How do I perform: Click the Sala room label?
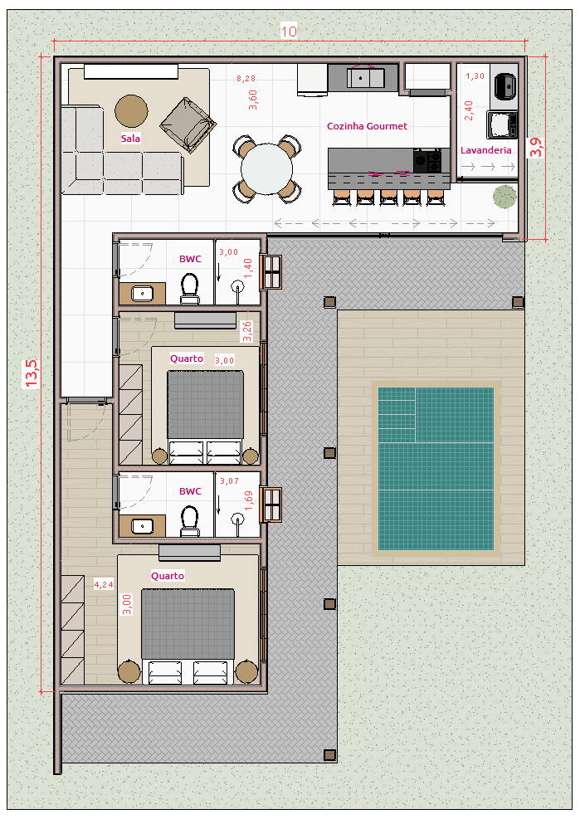(x=130, y=139)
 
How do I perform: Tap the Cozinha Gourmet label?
(x=367, y=126)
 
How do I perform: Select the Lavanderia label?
(x=486, y=150)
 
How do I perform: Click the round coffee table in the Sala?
(x=131, y=111)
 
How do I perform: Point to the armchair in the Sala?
(x=188, y=125)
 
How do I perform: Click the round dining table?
(x=267, y=169)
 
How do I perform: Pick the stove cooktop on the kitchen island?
(x=427, y=161)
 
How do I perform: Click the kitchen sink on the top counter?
(x=365, y=78)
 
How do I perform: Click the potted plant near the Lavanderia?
(x=504, y=197)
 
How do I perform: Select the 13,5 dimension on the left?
(x=32, y=373)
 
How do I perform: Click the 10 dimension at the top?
(x=289, y=32)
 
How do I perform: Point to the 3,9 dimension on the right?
(x=535, y=148)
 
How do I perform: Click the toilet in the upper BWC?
(x=190, y=289)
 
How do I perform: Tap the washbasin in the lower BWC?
(x=142, y=526)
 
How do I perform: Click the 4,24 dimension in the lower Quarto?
(x=104, y=584)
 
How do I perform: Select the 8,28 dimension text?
(x=246, y=79)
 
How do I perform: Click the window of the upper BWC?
(x=271, y=272)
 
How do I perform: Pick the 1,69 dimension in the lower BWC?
(x=248, y=500)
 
